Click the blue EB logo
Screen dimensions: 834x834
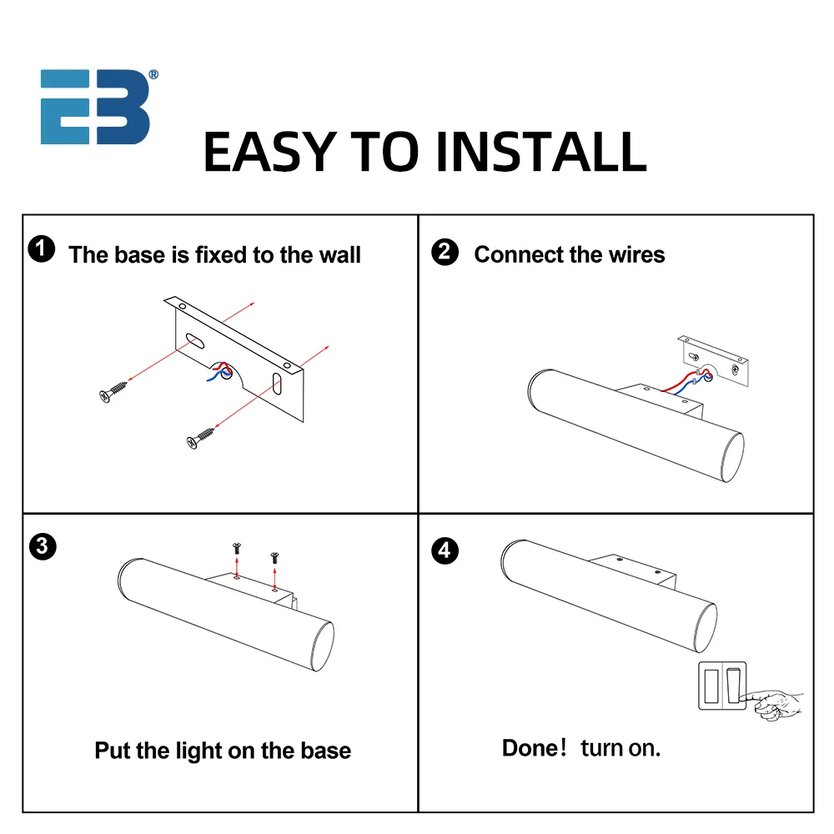coord(95,107)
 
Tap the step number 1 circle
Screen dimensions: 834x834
coord(42,249)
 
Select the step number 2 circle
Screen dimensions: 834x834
coord(445,252)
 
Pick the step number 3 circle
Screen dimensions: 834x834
coord(43,546)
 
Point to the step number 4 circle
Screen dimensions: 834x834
coord(445,550)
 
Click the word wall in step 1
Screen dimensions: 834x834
coord(339,254)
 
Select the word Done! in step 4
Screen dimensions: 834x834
coord(534,748)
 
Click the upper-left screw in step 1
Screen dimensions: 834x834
coord(113,391)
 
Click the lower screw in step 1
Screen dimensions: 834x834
coord(201,438)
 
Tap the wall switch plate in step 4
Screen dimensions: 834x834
coord(722,686)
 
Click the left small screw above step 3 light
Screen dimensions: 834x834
coord(237,548)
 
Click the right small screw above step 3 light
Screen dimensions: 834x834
coord(274,557)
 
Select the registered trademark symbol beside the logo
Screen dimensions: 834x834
coord(153,75)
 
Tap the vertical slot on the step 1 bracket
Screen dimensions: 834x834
coord(277,384)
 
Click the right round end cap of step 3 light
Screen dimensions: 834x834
coord(323,646)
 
